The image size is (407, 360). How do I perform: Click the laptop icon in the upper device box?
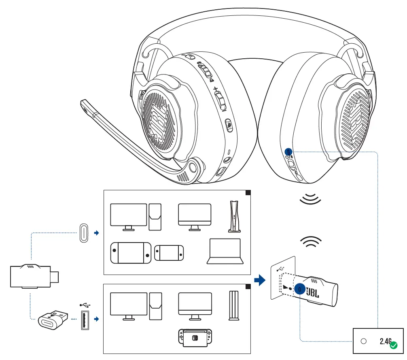[x=225, y=251]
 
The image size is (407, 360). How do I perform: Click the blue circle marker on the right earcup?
[x=288, y=151]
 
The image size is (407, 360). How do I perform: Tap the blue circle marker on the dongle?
[x=299, y=289]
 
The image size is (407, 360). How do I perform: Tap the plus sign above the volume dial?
[x=216, y=89]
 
